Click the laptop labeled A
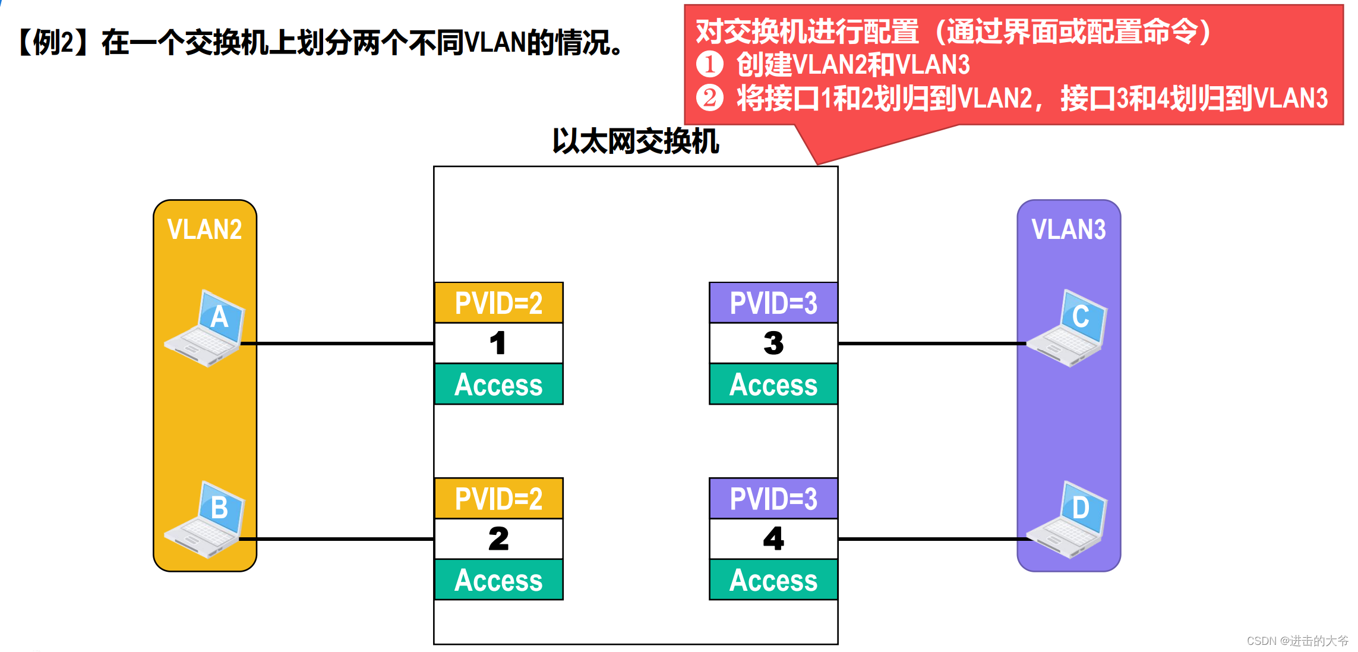205,328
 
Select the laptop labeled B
205,519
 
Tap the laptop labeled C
1068,328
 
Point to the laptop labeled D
1068,519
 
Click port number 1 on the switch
498,344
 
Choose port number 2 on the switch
498,539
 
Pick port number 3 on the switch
773,344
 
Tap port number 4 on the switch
773,539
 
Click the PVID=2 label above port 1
498,303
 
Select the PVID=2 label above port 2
498,499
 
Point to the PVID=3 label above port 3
773,303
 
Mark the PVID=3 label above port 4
773,499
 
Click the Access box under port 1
498,385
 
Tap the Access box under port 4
773,580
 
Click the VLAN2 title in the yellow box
205,229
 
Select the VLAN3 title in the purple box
1069,229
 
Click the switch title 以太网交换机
636,141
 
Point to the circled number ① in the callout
709,64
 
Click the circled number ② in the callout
709,98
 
